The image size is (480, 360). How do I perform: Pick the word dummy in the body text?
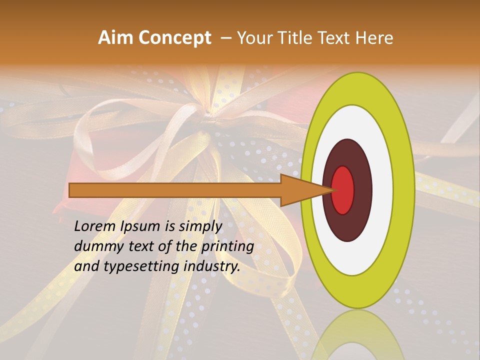pos(97,246)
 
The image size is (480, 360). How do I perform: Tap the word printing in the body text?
pos(227,247)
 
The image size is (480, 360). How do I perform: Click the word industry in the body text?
pos(212,266)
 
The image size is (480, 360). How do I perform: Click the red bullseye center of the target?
pos(343,190)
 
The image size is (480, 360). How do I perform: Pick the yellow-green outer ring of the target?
pos(404,190)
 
